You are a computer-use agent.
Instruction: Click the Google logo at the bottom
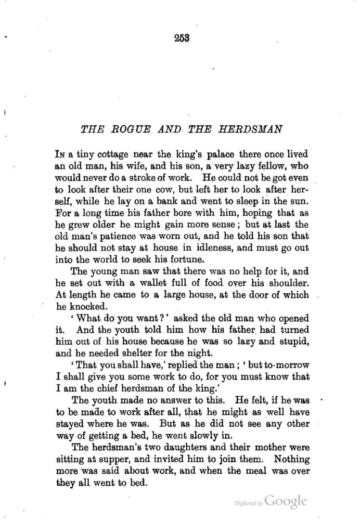tap(285, 501)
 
